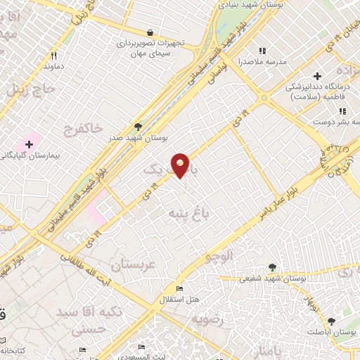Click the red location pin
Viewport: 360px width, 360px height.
point(181,164)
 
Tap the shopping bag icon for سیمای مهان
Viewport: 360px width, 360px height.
point(150,32)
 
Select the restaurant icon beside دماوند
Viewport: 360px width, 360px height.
point(54,55)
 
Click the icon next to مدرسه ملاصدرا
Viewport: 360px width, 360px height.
point(263,51)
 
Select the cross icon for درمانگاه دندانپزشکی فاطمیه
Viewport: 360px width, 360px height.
point(318,75)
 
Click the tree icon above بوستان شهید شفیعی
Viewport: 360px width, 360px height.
point(273,266)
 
